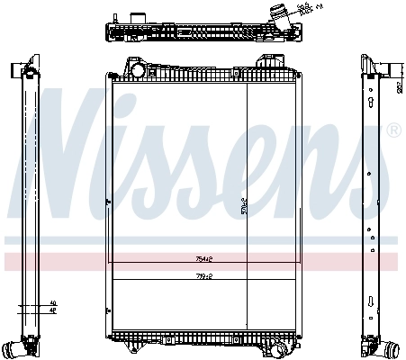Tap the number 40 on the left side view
point(52,303)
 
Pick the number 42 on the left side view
point(52,310)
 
